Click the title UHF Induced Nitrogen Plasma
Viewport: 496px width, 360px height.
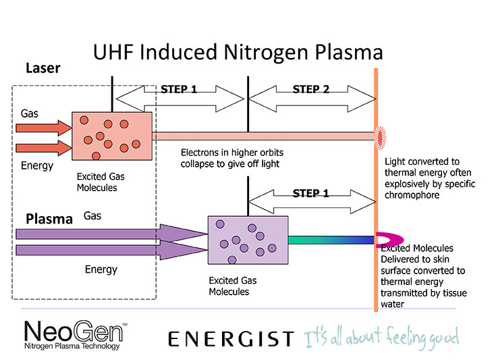[238, 52]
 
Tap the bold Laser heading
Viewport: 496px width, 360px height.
[43, 68]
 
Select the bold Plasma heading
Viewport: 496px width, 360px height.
[49, 219]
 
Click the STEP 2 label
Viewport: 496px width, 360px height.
[311, 89]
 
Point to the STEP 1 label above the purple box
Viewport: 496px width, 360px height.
[311, 193]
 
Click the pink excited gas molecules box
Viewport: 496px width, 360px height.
[112, 136]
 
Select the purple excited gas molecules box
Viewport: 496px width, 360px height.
[248, 240]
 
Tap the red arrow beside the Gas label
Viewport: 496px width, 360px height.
[44, 128]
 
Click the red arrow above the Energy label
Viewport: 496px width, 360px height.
[44, 148]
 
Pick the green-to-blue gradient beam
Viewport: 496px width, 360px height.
[331, 240]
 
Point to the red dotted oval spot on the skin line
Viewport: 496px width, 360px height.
[380, 137]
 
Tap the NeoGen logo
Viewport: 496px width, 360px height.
[76, 335]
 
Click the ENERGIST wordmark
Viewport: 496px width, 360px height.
[231, 339]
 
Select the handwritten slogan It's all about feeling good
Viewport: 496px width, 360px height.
[381, 338]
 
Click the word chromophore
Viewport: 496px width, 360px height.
[412, 195]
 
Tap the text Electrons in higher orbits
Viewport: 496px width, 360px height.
[232, 153]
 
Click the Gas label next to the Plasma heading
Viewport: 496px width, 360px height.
[92, 216]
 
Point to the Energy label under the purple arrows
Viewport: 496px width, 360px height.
[101, 269]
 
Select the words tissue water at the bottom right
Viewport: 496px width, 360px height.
[424, 299]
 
